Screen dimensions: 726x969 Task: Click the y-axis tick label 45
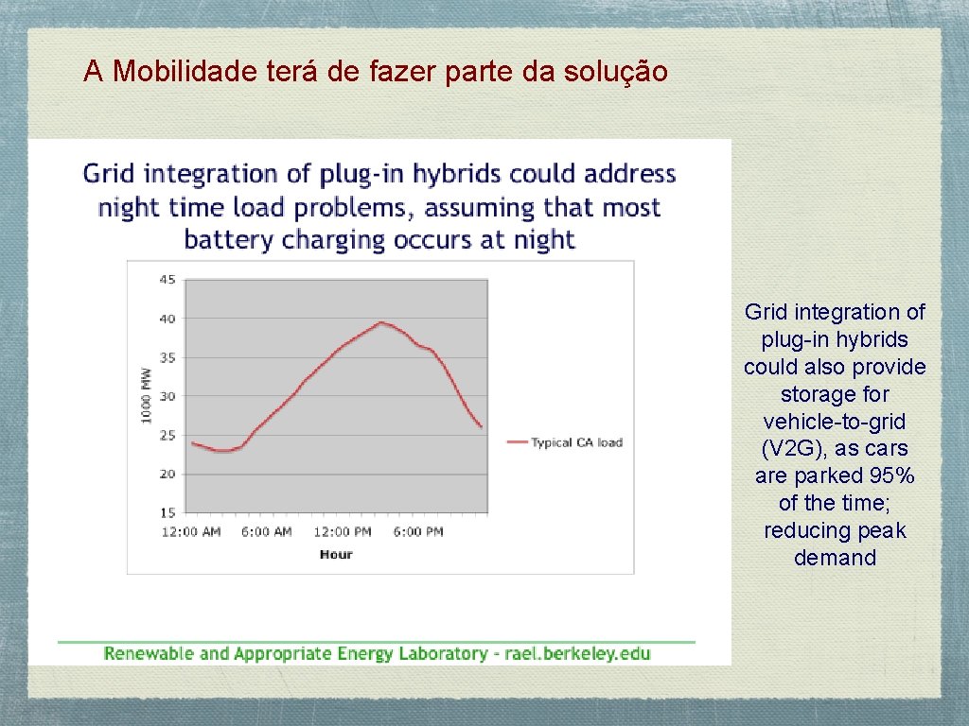[x=167, y=280]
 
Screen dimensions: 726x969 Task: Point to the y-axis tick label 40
[x=167, y=319]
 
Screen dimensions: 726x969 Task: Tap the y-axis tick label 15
[x=167, y=512]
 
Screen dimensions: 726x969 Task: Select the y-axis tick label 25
[x=167, y=435]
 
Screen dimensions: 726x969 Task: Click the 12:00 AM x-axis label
[x=192, y=531]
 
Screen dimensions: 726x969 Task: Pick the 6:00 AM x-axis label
[x=266, y=531]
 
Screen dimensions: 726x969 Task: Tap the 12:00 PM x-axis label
[x=343, y=531]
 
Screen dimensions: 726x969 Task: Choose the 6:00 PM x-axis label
[x=417, y=531]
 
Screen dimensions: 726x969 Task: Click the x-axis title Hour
[x=336, y=554]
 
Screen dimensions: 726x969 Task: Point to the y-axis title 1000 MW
[x=147, y=394]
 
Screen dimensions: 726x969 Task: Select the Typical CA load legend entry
[x=575, y=441]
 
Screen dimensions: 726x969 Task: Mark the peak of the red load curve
[x=380, y=322]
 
